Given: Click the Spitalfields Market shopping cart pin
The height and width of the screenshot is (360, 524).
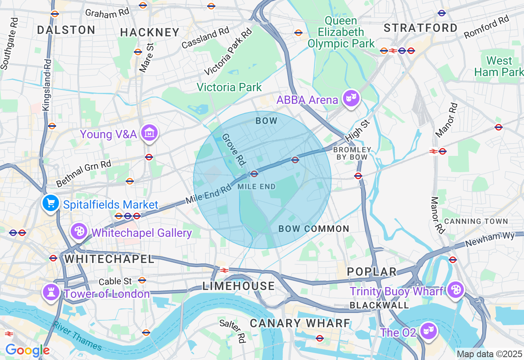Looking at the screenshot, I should pyautogui.click(x=50, y=202).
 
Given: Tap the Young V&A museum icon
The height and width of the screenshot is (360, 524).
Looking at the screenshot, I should pyautogui.click(x=149, y=133).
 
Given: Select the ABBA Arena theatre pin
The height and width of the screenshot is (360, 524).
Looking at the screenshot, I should pyautogui.click(x=351, y=98).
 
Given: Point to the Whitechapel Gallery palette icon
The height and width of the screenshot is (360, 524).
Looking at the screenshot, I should pyautogui.click(x=78, y=232).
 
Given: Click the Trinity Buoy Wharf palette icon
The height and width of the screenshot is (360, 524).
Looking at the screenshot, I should pyautogui.click(x=455, y=290).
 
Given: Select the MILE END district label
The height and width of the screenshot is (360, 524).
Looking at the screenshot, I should pyautogui.click(x=257, y=187).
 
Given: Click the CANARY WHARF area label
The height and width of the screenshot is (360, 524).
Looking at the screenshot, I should pyautogui.click(x=300, y=323).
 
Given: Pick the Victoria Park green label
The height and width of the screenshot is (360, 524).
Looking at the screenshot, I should pyautogui.click(x=229, y=87).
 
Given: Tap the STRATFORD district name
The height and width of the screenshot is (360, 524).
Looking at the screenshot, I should pyautogui.click(x=420, y=28).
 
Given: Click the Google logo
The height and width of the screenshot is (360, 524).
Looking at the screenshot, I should pyautogui.click(x=27, y=351).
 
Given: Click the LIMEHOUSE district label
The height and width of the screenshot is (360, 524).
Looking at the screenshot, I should pyautogui.click(x=239, y=286).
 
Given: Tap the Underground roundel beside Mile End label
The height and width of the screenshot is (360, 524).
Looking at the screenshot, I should pyautogui.click(x=254, y=174).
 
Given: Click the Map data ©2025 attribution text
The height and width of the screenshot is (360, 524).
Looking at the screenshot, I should pyautogui.click(x=489, y=353).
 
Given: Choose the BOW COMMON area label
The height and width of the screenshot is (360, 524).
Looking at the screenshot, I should pyautogui.click(x=314, y=229).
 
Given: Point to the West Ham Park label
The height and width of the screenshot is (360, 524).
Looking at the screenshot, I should pyautogui.click(x=499, y=67).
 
